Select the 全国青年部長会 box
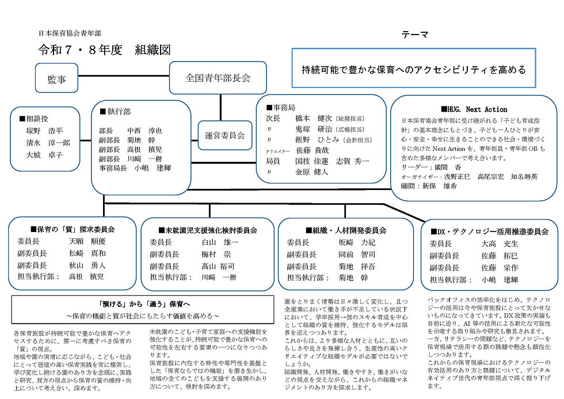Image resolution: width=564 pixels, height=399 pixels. [x=218, y=76]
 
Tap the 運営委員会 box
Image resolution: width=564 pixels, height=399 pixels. [x=224, y=136]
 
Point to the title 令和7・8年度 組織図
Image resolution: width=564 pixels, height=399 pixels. [x=104, y=50]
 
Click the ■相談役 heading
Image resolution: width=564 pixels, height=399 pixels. [x=35, y=118]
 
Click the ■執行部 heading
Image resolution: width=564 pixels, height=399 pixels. [x=115, y=111]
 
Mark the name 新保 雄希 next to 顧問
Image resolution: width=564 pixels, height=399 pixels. [x=440, y=187]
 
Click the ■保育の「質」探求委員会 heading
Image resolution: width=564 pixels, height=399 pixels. [x=72, y=229]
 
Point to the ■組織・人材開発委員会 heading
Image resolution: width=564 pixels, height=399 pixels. [x=345, y=230]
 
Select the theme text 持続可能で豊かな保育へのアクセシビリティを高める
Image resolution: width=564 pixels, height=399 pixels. [x=414, y=70]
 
